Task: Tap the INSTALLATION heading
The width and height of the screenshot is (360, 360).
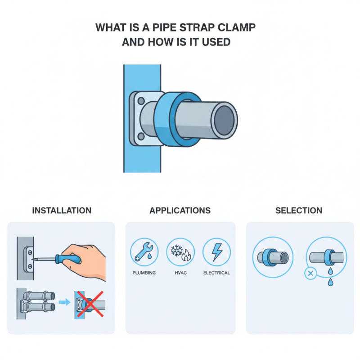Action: click(x=62, y=211)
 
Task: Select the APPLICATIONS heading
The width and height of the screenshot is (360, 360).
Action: click(x=180, y=211)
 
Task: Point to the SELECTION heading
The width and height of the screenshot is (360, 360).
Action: click(x=299, y=211)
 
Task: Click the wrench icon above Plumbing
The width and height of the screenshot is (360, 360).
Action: click(x=144, y=252)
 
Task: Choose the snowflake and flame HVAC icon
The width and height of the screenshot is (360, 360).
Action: click(x=180, y=252)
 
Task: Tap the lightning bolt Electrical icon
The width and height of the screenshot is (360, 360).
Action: click(x=216, y=252)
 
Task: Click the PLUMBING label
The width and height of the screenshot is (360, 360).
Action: click(x=144, y=273)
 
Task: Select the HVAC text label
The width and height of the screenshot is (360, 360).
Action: click(x=180, y=273)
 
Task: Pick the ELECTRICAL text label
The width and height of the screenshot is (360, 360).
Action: click(x=216, y=273)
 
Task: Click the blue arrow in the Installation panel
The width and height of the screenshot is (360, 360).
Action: click(x=64, y=303)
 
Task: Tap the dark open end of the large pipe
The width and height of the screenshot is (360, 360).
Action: click(x=224, y=120)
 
